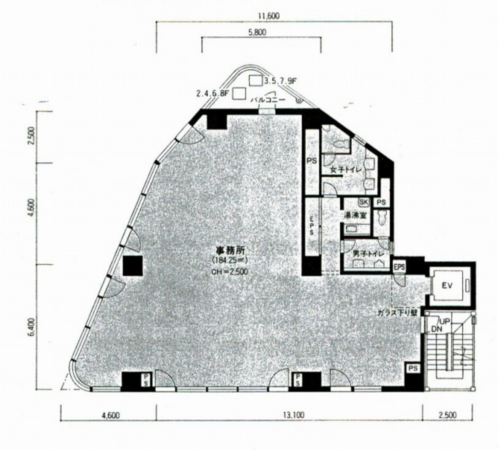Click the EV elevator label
[446, 286]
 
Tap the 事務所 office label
[229, 251]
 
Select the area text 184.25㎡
[229, 260]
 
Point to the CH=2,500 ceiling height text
[229, 272]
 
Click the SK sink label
[364, 202]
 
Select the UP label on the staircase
[445, 321]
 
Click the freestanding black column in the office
[133, 266]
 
